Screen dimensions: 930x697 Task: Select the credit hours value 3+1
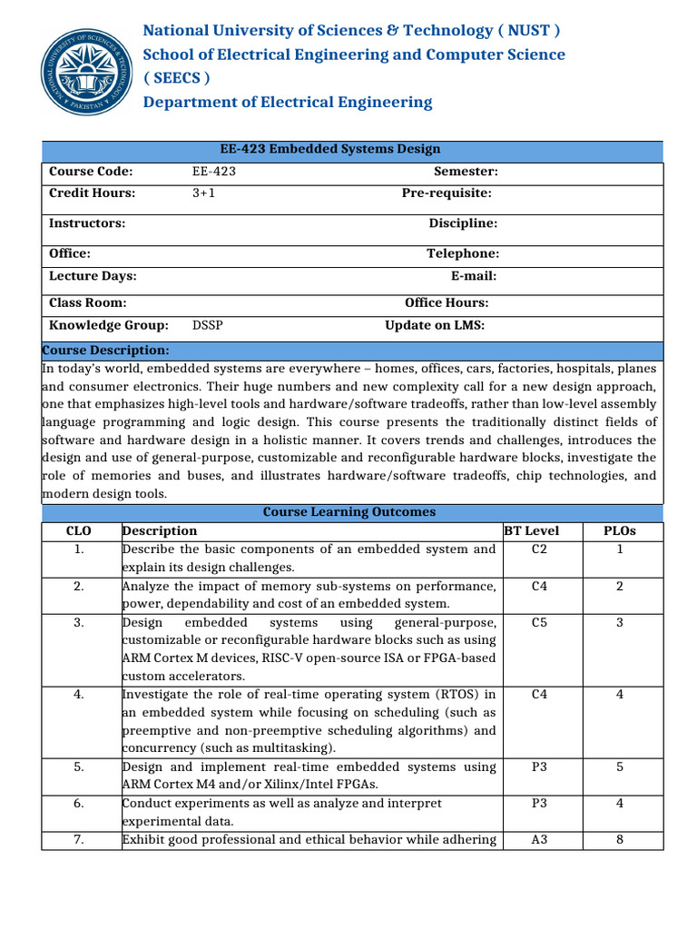click(x=204, y=193)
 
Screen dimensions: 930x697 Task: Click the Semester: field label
click(x=466, y=172)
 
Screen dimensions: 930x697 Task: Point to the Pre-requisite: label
click(x=447, y=193)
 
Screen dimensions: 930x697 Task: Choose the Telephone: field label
click(x=463, y=254)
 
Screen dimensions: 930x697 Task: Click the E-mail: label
click(x=474, y=276)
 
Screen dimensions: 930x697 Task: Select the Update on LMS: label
click(x=435, y=325)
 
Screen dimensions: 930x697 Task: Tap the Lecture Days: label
click(x=93, y=276)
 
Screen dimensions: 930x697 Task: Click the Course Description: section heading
click(x=106, y=351)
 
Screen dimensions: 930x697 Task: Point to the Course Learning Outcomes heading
click(x=349, y=512)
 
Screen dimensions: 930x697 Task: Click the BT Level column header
click(x=531, y=530)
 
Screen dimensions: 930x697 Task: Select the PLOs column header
click(x=620, y=530)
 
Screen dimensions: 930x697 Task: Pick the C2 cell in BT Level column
click(x=539, y=549)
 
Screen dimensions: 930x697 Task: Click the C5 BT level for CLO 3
click(x=539, y=622)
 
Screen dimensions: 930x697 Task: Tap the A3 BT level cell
click(x=539, y=839)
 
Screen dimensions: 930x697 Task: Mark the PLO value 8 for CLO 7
click(x=620, y=839)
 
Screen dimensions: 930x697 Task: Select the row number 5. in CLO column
click(x=80, y=767)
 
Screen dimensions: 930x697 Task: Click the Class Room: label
click(x=88, y=303)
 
